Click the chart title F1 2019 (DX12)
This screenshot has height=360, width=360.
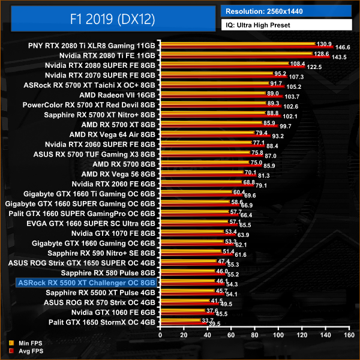112,19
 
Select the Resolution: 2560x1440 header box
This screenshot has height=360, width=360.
286,11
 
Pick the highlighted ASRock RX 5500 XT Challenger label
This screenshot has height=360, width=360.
87,283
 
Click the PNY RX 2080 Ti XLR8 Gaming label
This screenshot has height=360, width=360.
92,45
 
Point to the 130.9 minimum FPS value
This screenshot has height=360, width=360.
323,43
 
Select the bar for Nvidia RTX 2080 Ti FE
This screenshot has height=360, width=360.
234,55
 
